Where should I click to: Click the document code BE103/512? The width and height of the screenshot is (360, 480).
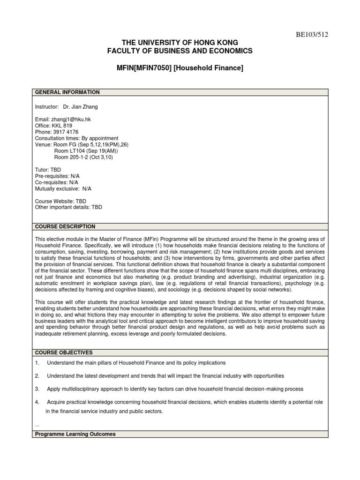[307, 34]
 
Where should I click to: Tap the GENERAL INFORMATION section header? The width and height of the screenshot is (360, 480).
[67, 92]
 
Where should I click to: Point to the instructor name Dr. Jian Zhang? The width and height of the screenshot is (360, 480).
[81, 107]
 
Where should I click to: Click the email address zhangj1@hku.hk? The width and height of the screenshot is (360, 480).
[71, 120]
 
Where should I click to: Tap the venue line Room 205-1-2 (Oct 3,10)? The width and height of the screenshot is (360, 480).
[83, 157]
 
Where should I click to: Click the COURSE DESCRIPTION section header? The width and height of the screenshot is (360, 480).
[65, 226]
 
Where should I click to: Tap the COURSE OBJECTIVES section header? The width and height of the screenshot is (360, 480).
[64, 352]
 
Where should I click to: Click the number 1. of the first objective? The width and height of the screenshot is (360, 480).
[37, 363]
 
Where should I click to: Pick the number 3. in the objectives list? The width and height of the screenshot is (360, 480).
[37, 389]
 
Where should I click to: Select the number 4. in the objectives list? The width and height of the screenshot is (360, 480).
[37, 402]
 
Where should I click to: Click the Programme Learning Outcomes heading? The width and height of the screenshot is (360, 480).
[75, 435]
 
